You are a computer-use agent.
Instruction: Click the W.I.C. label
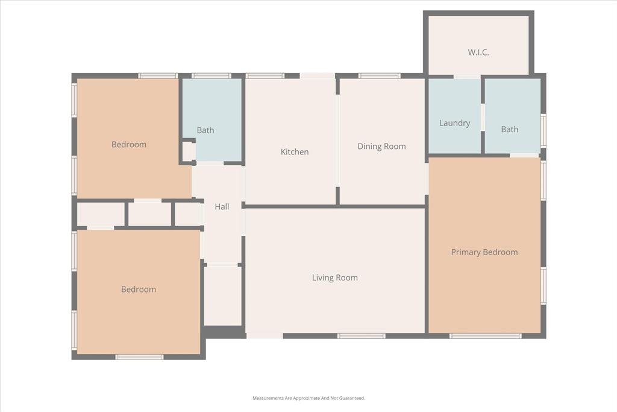click(x=478, y=52)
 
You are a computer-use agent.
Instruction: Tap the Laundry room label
click(x=454, y=123)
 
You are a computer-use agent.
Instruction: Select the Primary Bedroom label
click(x=484, y=252)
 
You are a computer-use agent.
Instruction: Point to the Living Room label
click(x=334, y=277)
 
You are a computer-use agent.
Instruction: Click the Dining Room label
click(x=381, y=146)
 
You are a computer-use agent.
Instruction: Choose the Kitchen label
click(x=295, y=152)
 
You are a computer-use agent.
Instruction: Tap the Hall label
click(x=222, y=207)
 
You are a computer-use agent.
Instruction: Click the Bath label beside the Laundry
click(x=510, y=129)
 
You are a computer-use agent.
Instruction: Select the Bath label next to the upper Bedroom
click(x=205, y=130)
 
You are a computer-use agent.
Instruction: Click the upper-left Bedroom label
click(x=129, y=144)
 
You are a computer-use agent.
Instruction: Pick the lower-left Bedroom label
click(x=139, y=289)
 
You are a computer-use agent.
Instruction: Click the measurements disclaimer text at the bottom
click(x=308, y=398)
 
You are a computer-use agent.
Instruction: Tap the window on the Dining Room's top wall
click(x=379, y=76)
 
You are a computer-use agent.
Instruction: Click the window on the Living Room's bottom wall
click(x=361, y=335)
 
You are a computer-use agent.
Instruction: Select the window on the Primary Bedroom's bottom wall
click(x=485, y=335)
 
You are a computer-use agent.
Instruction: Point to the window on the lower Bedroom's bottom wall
click(x=139, y=357)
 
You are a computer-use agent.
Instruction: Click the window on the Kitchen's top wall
click(x=265, y=76)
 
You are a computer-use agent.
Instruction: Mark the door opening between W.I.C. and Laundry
click(x=467, y=77)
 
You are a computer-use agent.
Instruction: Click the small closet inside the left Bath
click(x=188, y=151)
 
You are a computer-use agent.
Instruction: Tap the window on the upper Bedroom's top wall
click(x=157, y=76)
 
